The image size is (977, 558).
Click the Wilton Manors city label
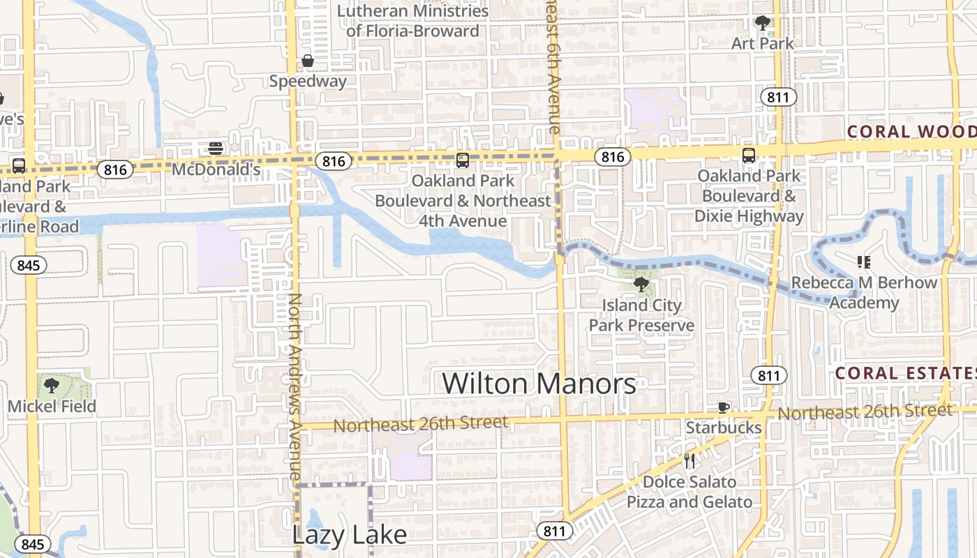(539, 384)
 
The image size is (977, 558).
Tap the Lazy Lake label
(349, 535)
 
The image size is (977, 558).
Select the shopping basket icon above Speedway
(308, 62)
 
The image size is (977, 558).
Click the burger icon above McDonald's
(216, 148)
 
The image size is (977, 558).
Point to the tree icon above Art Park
(763, 23)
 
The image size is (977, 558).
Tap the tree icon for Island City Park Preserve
(641, 284)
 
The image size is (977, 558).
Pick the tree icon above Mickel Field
(52, 385)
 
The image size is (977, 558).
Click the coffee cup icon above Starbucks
(724, 407)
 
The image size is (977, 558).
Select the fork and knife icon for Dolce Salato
(689, 460)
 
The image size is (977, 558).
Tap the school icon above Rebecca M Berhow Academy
(864, 262)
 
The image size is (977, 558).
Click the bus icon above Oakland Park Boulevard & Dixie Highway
(749, 155)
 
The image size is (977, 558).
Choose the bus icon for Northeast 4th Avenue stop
(462, 160)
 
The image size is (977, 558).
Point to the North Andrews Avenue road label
(294, 385)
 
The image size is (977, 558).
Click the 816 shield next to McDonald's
(114, 169)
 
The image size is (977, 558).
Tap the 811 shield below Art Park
(777, 96)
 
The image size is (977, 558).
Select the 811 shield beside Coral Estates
(768, 375)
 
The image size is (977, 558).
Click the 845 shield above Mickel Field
(28, 265)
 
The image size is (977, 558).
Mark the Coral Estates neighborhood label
(905, 373)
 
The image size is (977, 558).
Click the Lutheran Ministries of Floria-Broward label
(413, 21)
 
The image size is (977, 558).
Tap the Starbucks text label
(724, 427)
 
